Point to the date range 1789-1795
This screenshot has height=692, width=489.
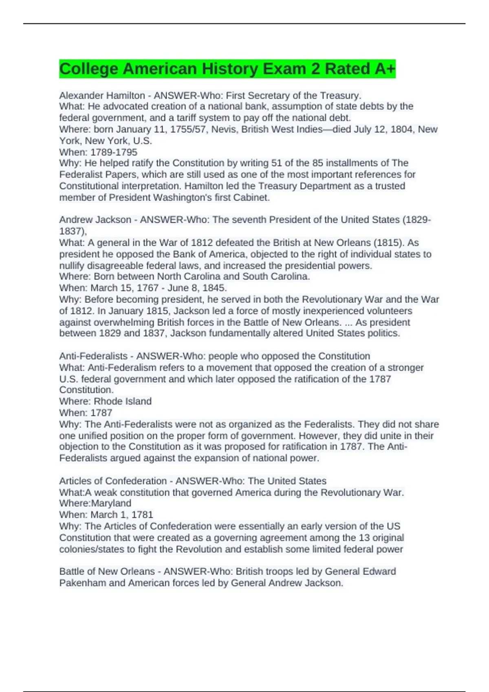(x=114, y=152)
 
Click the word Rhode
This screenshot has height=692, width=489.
(x=107, y=401)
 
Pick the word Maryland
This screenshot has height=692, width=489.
(x=111, y=504)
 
